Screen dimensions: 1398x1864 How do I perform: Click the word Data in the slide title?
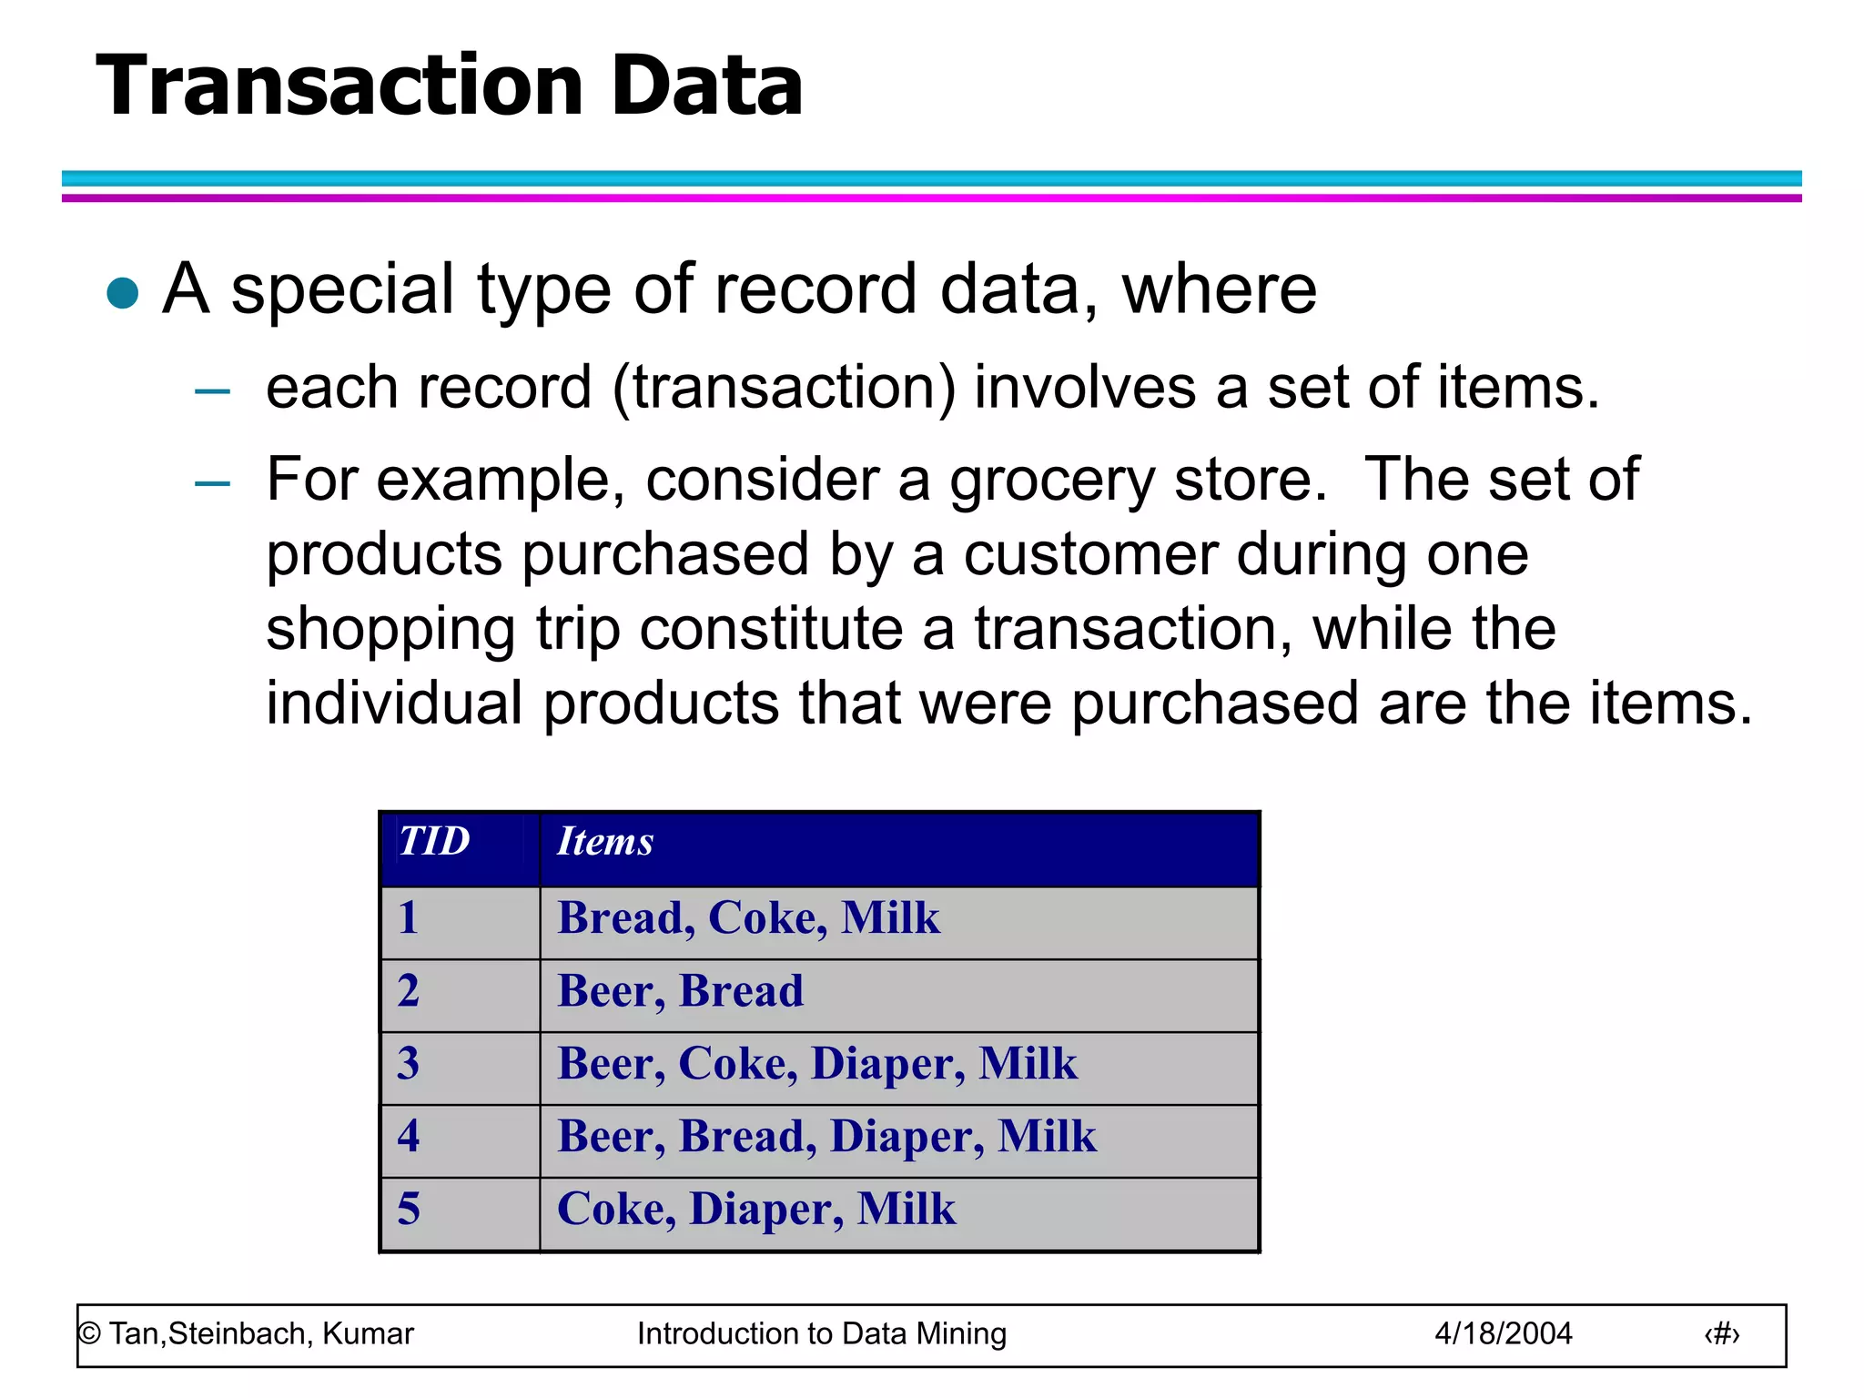pyautogui.click(x=707, y=86)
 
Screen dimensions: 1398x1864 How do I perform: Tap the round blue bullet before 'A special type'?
pyautogui.click(x=122, y=293)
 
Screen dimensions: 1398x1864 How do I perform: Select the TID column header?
pyautogui.click(x=434, y=841)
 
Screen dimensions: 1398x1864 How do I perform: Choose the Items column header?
pyautogui.click(x=605, y=841)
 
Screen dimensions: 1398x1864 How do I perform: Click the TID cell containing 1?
pyautogui.click(x=409, y=917)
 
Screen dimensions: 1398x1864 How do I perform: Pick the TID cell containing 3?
pyautogui.click(x=409, y=1063)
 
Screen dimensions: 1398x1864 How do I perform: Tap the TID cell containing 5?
pyautogui.click(x=409, y=1209)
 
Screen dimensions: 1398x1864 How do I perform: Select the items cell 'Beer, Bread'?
pyautogui.click(x=680, y=990)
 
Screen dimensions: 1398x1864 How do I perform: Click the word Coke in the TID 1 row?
pyautogui.click(x=766, y=917)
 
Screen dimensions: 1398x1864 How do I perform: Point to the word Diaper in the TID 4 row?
pyautogui.click(x=906, y=1137)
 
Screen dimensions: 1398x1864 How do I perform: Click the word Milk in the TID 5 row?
pyautogui.click(x=906, y=1209)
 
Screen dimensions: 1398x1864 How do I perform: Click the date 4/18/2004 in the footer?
pyautogui.click(x=1503, y=1333)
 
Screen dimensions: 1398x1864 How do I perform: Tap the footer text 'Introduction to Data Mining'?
pyautogui.click(x=821, y=1333)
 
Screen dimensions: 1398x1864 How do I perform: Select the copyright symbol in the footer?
pyautogui.click(x=89, y=1334)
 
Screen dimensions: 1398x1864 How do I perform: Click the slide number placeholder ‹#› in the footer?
pyautogui.click(x=1721, y=1334)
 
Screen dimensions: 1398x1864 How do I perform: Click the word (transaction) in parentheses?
pyautogui.click(x=784, y=388)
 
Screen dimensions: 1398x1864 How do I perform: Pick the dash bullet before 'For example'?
pyautogui.click(x=212, y=483)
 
